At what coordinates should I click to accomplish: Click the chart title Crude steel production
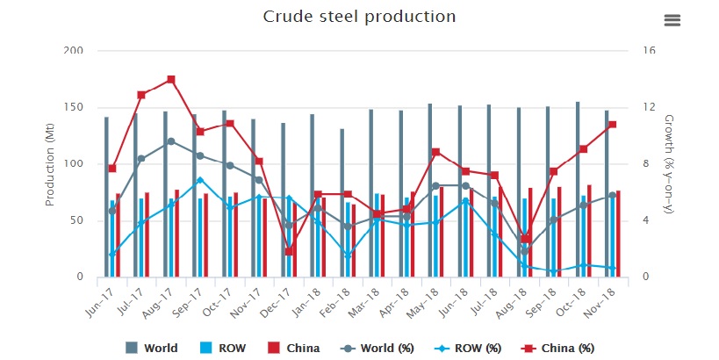[359, 17]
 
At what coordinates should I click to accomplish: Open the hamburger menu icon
[672, 20]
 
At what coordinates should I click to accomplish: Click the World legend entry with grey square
[153, 348]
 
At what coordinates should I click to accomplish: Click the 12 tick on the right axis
[648, 107]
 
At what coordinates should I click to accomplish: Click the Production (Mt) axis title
[50, 164]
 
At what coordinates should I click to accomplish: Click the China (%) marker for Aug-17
[171, 80]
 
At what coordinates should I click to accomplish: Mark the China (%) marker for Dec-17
[289, 251]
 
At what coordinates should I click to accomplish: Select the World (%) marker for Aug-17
[171, 141]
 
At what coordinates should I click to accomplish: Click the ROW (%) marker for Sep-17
[200, 180]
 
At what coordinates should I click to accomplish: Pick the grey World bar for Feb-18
[342, 203]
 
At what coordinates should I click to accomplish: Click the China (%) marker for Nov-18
[612, 125]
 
